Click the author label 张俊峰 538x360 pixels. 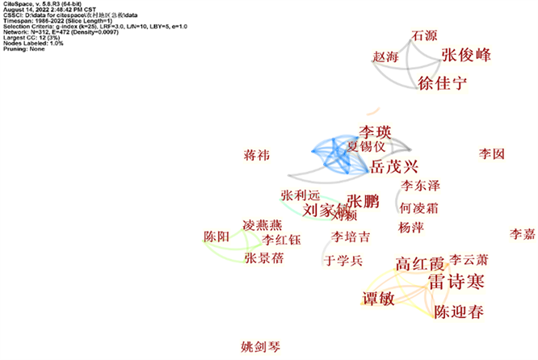coord(466,55)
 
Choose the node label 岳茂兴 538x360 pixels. coord(393,167)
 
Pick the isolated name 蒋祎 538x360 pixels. coord(257,154)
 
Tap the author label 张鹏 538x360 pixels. coord(362,201)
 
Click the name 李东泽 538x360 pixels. coord(420,186)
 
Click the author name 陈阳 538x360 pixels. coord(216,237)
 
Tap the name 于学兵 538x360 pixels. coord(344,261)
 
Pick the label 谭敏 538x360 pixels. coord(376,298)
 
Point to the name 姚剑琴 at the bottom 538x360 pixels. coord(260,347)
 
